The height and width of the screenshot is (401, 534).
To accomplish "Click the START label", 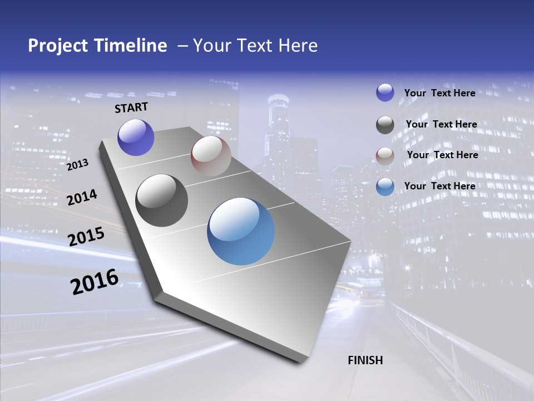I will click(x=131, y=107).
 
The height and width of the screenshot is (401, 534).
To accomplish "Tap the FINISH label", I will click(x=365, y=360).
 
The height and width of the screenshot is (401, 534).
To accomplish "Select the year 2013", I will click(x=78, y=164).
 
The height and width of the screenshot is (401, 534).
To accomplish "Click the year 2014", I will click(x=82, y=198).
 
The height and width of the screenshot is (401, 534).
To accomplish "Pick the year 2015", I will click(x=86, y=237).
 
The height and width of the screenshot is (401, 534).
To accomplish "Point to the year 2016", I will click(x=95, y=282).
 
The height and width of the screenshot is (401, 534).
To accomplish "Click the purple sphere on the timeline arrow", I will click(x=136, y=138).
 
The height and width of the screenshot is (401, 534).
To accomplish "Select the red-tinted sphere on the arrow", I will click(x=211, y=156).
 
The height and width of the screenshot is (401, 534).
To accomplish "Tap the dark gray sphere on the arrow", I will click(x=162, y=200).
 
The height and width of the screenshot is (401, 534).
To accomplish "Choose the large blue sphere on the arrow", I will click(x=241, y=231).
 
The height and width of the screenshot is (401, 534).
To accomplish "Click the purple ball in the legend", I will click(x=385, y=93).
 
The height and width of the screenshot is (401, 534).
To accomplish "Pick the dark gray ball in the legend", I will click(x=385, y=125).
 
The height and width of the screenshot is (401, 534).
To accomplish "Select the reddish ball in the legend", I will click(x=385, y=155).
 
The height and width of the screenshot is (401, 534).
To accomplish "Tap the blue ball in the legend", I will click(x=385, y=187).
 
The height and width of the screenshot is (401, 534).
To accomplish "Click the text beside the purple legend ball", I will click(x=439, y=93).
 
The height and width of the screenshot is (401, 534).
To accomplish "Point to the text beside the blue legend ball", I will click(x=439, y=186).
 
